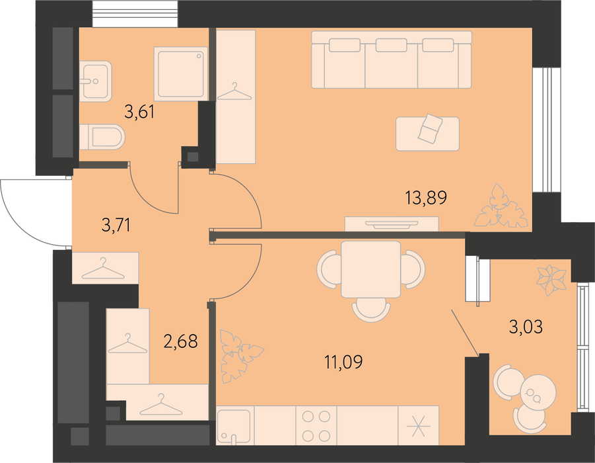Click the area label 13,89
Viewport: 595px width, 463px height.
[426, 198]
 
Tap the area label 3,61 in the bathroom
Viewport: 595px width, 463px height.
[139, 112]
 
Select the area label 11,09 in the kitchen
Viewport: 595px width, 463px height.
[343, 362]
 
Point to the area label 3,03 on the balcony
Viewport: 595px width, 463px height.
[526, 327]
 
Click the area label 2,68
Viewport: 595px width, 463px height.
[181, 341]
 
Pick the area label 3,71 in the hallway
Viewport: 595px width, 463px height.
[116, 225]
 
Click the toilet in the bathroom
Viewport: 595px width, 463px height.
[102, 137]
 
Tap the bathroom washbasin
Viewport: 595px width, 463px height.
[96, 81]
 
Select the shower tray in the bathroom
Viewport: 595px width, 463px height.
[182, 73]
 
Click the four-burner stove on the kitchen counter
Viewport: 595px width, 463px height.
[316, 425]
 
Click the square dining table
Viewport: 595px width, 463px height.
[370, 269]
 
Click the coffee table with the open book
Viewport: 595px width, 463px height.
[427, 134]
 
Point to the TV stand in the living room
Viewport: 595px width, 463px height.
[392, 224]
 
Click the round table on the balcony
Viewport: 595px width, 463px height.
[538, 392]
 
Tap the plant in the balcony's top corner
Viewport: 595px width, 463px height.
[551, 280]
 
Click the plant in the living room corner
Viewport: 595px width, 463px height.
[501, 206]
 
